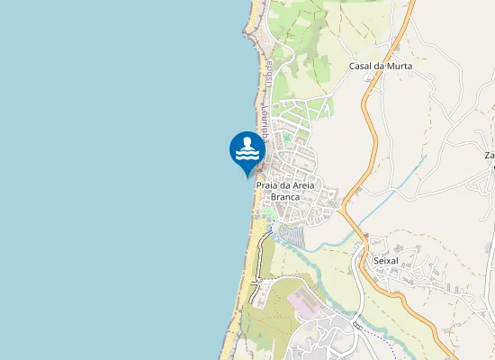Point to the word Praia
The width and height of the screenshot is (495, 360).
pos(268,186)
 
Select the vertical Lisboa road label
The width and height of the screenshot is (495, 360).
pos(268,75)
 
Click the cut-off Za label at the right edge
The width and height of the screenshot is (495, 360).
pos(490,155)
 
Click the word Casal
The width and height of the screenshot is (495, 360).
pos(362,66)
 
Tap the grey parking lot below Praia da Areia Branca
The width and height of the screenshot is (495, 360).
pos(292,237)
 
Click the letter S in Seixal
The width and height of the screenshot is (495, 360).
pos(375,261)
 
